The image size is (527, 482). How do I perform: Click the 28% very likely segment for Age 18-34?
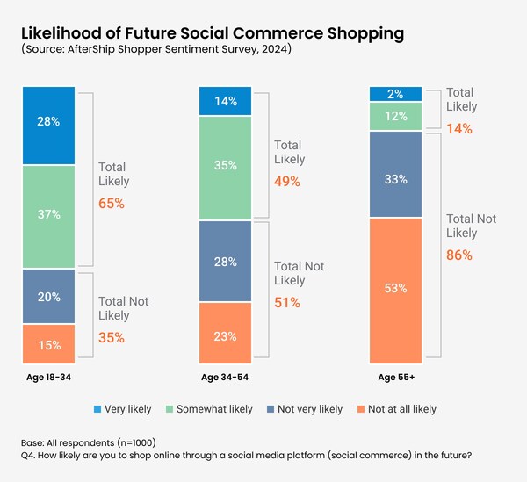point(47,120)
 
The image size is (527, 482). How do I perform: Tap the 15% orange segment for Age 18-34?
point(47,345)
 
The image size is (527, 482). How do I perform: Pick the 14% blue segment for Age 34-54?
point(224,101)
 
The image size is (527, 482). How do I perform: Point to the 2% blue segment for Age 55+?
point(396,94)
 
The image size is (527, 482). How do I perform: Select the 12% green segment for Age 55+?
point(396,116)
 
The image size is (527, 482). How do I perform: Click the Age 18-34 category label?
point(47,377)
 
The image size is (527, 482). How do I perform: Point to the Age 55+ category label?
point(396,377)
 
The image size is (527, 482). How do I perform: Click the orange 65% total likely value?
point(112,203)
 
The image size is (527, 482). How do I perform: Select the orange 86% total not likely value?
point(459,255)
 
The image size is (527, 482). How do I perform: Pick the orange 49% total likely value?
point(287,182)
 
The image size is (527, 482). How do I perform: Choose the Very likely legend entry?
point(124,408)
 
